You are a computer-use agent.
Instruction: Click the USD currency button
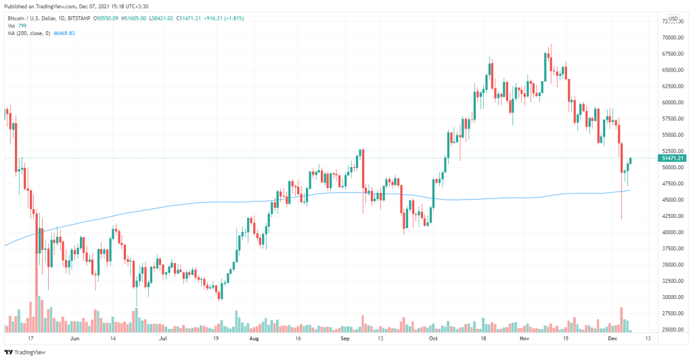[x=673, y=19]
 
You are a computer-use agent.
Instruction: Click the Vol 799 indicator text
[x=18, y=26]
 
